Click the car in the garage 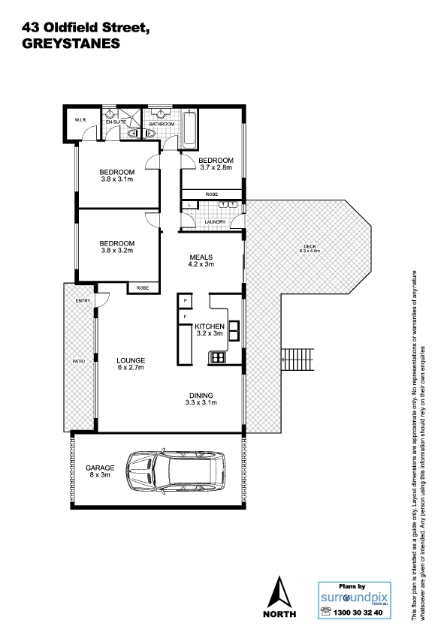(176, 471)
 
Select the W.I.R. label (81, 119)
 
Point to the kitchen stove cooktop (218, 357)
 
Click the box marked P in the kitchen (185, 301)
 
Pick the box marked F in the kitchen (185, 317)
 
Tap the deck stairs (297, 360)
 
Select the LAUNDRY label (215, 222)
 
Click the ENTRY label (83, 301)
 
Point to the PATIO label (79, 361)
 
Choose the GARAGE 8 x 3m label (100, 471)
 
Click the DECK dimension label (310, 248)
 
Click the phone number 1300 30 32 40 (358, 612)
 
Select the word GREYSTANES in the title (71, 44)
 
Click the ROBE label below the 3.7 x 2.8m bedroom (212, 194)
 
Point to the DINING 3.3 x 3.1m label (201, 399)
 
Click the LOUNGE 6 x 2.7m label (131, 363)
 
